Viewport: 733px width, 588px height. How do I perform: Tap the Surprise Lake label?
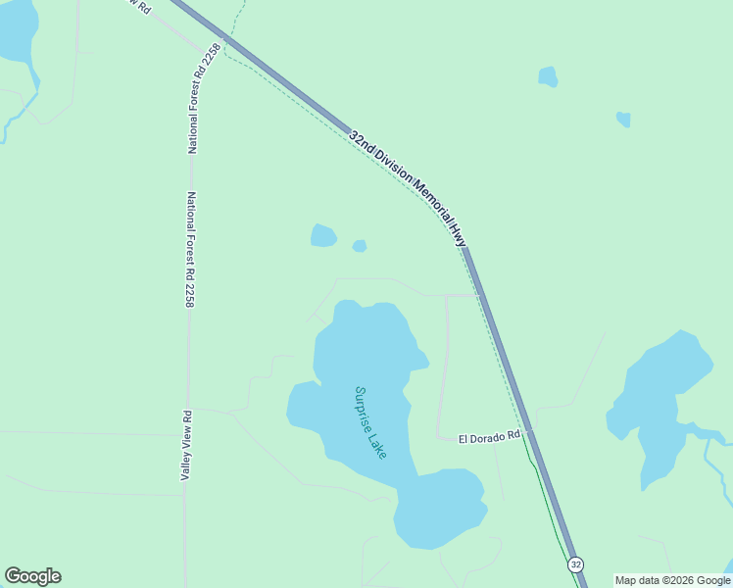coord(370,421)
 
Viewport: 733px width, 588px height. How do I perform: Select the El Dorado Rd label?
coord(489,438)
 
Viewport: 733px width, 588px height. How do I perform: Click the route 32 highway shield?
coord(575,564)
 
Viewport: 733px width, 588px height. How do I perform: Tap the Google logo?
coord(32,576)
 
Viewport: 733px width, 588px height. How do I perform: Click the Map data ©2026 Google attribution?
coord(672,580)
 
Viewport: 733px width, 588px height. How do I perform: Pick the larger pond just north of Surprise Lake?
coord(322,236)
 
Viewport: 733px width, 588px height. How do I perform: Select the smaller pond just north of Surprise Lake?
coord(360,246)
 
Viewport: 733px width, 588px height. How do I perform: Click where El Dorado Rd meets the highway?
coord(529,431)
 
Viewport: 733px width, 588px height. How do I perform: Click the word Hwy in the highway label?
coord(458,233)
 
